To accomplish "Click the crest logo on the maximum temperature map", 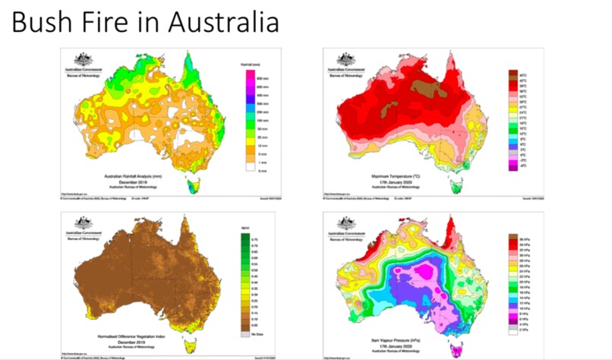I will point(348,61).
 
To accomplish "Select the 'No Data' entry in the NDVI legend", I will point(244,333).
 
